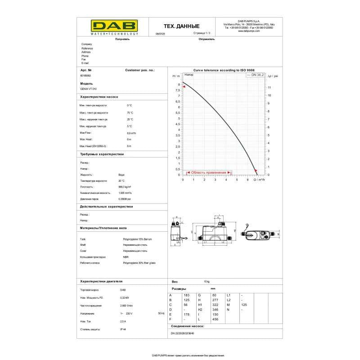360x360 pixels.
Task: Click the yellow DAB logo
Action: point(108,27)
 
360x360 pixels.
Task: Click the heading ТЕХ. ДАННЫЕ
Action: point(181,27)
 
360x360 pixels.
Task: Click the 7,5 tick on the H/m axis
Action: point(178,90)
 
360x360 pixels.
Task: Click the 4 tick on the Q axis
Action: point(226,180)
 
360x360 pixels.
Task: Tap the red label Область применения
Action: point(208,172)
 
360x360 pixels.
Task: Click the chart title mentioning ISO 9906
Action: point(224,71)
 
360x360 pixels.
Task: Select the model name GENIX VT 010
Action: point(88,89)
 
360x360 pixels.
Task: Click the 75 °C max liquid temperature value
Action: point(130,112)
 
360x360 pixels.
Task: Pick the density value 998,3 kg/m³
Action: point(125,187)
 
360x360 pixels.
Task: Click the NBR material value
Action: point(126,257)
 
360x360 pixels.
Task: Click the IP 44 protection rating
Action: point(123,329)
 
